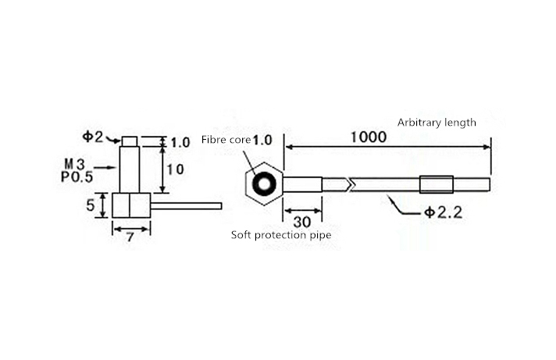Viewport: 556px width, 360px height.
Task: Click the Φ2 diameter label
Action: click(93, 137)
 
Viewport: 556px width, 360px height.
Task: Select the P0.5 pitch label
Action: click(77, 176)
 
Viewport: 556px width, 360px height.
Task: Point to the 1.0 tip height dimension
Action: click(180, 143)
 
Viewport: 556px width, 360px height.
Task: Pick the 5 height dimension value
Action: click(91, 205)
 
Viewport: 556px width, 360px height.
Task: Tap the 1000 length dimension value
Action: click(369, 137)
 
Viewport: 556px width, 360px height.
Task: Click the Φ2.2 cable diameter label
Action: click(444, 212)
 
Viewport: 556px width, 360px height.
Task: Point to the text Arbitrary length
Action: click(437, 123)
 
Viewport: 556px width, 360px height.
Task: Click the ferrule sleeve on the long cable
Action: click(437, 185)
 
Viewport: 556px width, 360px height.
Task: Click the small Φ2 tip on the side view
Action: click(130, 141)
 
